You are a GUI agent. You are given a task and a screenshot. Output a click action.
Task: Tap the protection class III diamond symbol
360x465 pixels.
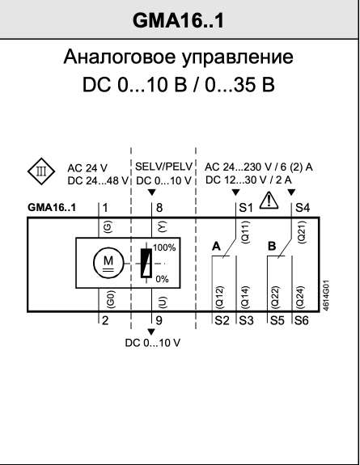(41, 171)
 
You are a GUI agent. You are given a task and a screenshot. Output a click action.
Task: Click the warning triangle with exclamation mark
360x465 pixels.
(269, 200)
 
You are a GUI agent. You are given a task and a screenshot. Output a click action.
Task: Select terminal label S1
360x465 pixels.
(246, 208)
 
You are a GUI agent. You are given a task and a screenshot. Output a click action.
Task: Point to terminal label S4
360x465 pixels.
(303, 208)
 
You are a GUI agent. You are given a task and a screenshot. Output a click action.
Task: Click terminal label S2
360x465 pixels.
(222, 320)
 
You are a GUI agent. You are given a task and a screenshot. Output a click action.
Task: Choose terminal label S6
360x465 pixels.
(302, 320)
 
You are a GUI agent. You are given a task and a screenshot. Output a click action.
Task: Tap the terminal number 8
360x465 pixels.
(159, 208)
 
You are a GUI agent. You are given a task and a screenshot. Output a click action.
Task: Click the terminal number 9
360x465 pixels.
(159, 320)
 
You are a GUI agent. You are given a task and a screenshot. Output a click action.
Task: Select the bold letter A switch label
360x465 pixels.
(216, 246)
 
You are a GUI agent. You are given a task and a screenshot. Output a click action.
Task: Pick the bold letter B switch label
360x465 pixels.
(272, 246)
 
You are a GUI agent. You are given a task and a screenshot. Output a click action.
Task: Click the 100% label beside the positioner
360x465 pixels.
(164, 247)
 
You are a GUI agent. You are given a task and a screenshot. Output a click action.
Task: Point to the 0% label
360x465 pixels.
(162, 279)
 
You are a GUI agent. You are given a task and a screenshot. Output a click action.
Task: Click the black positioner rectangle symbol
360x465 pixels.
(146, 263)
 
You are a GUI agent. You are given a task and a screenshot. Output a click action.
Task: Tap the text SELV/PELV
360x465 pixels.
(164, 167)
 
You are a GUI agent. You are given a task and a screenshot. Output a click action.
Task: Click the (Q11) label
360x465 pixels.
(246, 232)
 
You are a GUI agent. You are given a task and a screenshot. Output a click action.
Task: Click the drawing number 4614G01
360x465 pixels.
(325, 295)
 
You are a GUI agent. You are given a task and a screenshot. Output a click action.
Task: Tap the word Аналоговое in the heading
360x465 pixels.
(119, 57)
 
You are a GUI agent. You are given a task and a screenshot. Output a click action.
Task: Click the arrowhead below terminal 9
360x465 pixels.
(151, 332)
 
